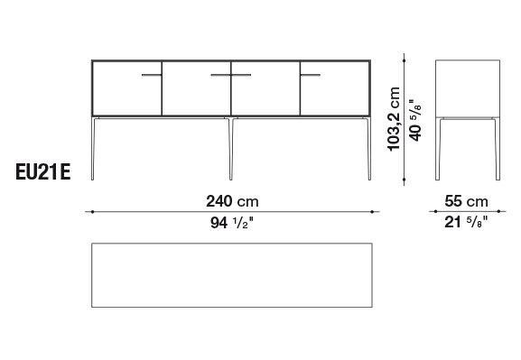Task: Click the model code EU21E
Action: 43,172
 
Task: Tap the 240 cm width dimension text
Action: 232,201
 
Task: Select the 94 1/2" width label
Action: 232,223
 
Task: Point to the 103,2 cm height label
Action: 394,119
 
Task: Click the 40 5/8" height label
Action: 415,120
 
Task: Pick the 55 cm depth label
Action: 466,201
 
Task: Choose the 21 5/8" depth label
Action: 466,222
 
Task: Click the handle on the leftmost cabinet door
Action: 152,75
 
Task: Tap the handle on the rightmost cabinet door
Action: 311,75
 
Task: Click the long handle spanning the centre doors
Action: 231,75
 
